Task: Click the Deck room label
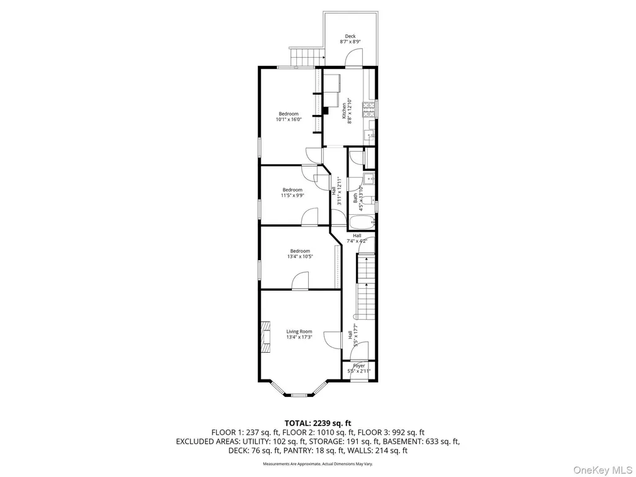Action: [x=350, y=37]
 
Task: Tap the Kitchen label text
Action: [x=344, y=111]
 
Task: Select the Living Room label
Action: [x=299, y=332]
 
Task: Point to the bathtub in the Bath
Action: [x=362, y=223]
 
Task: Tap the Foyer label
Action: [x=359, y=366]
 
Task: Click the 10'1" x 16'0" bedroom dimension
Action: [x=288, y=120]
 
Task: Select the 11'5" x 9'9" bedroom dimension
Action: [x=293, y=195]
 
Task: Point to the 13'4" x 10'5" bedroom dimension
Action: [x=300, y=257]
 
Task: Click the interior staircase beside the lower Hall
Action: [x=365, y=286]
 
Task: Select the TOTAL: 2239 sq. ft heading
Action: [x=317, y=424]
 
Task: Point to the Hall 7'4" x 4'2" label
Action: [x=357, y=238]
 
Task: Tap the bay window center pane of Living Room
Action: [x=299, y=394]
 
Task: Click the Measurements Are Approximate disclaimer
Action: [x=318, y=463]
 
